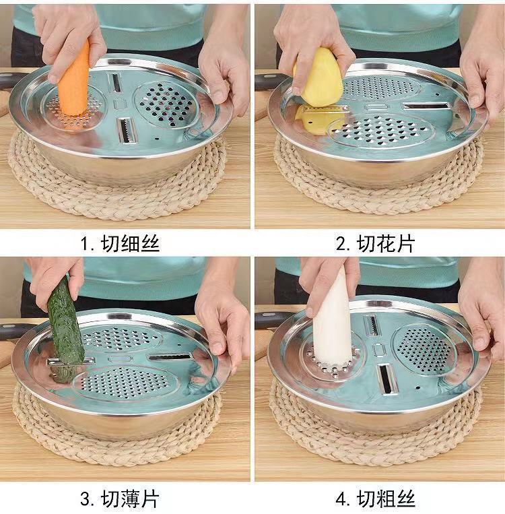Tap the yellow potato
click(320, 79)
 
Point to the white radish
click(332, 328)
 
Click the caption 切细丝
click(131, 244)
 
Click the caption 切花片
click(386, 244)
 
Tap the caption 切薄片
click(131, 499)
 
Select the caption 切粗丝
click(386, 499)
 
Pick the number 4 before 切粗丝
click(341, 499)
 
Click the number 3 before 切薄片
click(86, 499)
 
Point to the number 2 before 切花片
click(341, 245)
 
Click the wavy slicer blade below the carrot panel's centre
click(127, 130)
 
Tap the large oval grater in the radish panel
click(423, 349)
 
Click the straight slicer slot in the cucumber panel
click(170, 356)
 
